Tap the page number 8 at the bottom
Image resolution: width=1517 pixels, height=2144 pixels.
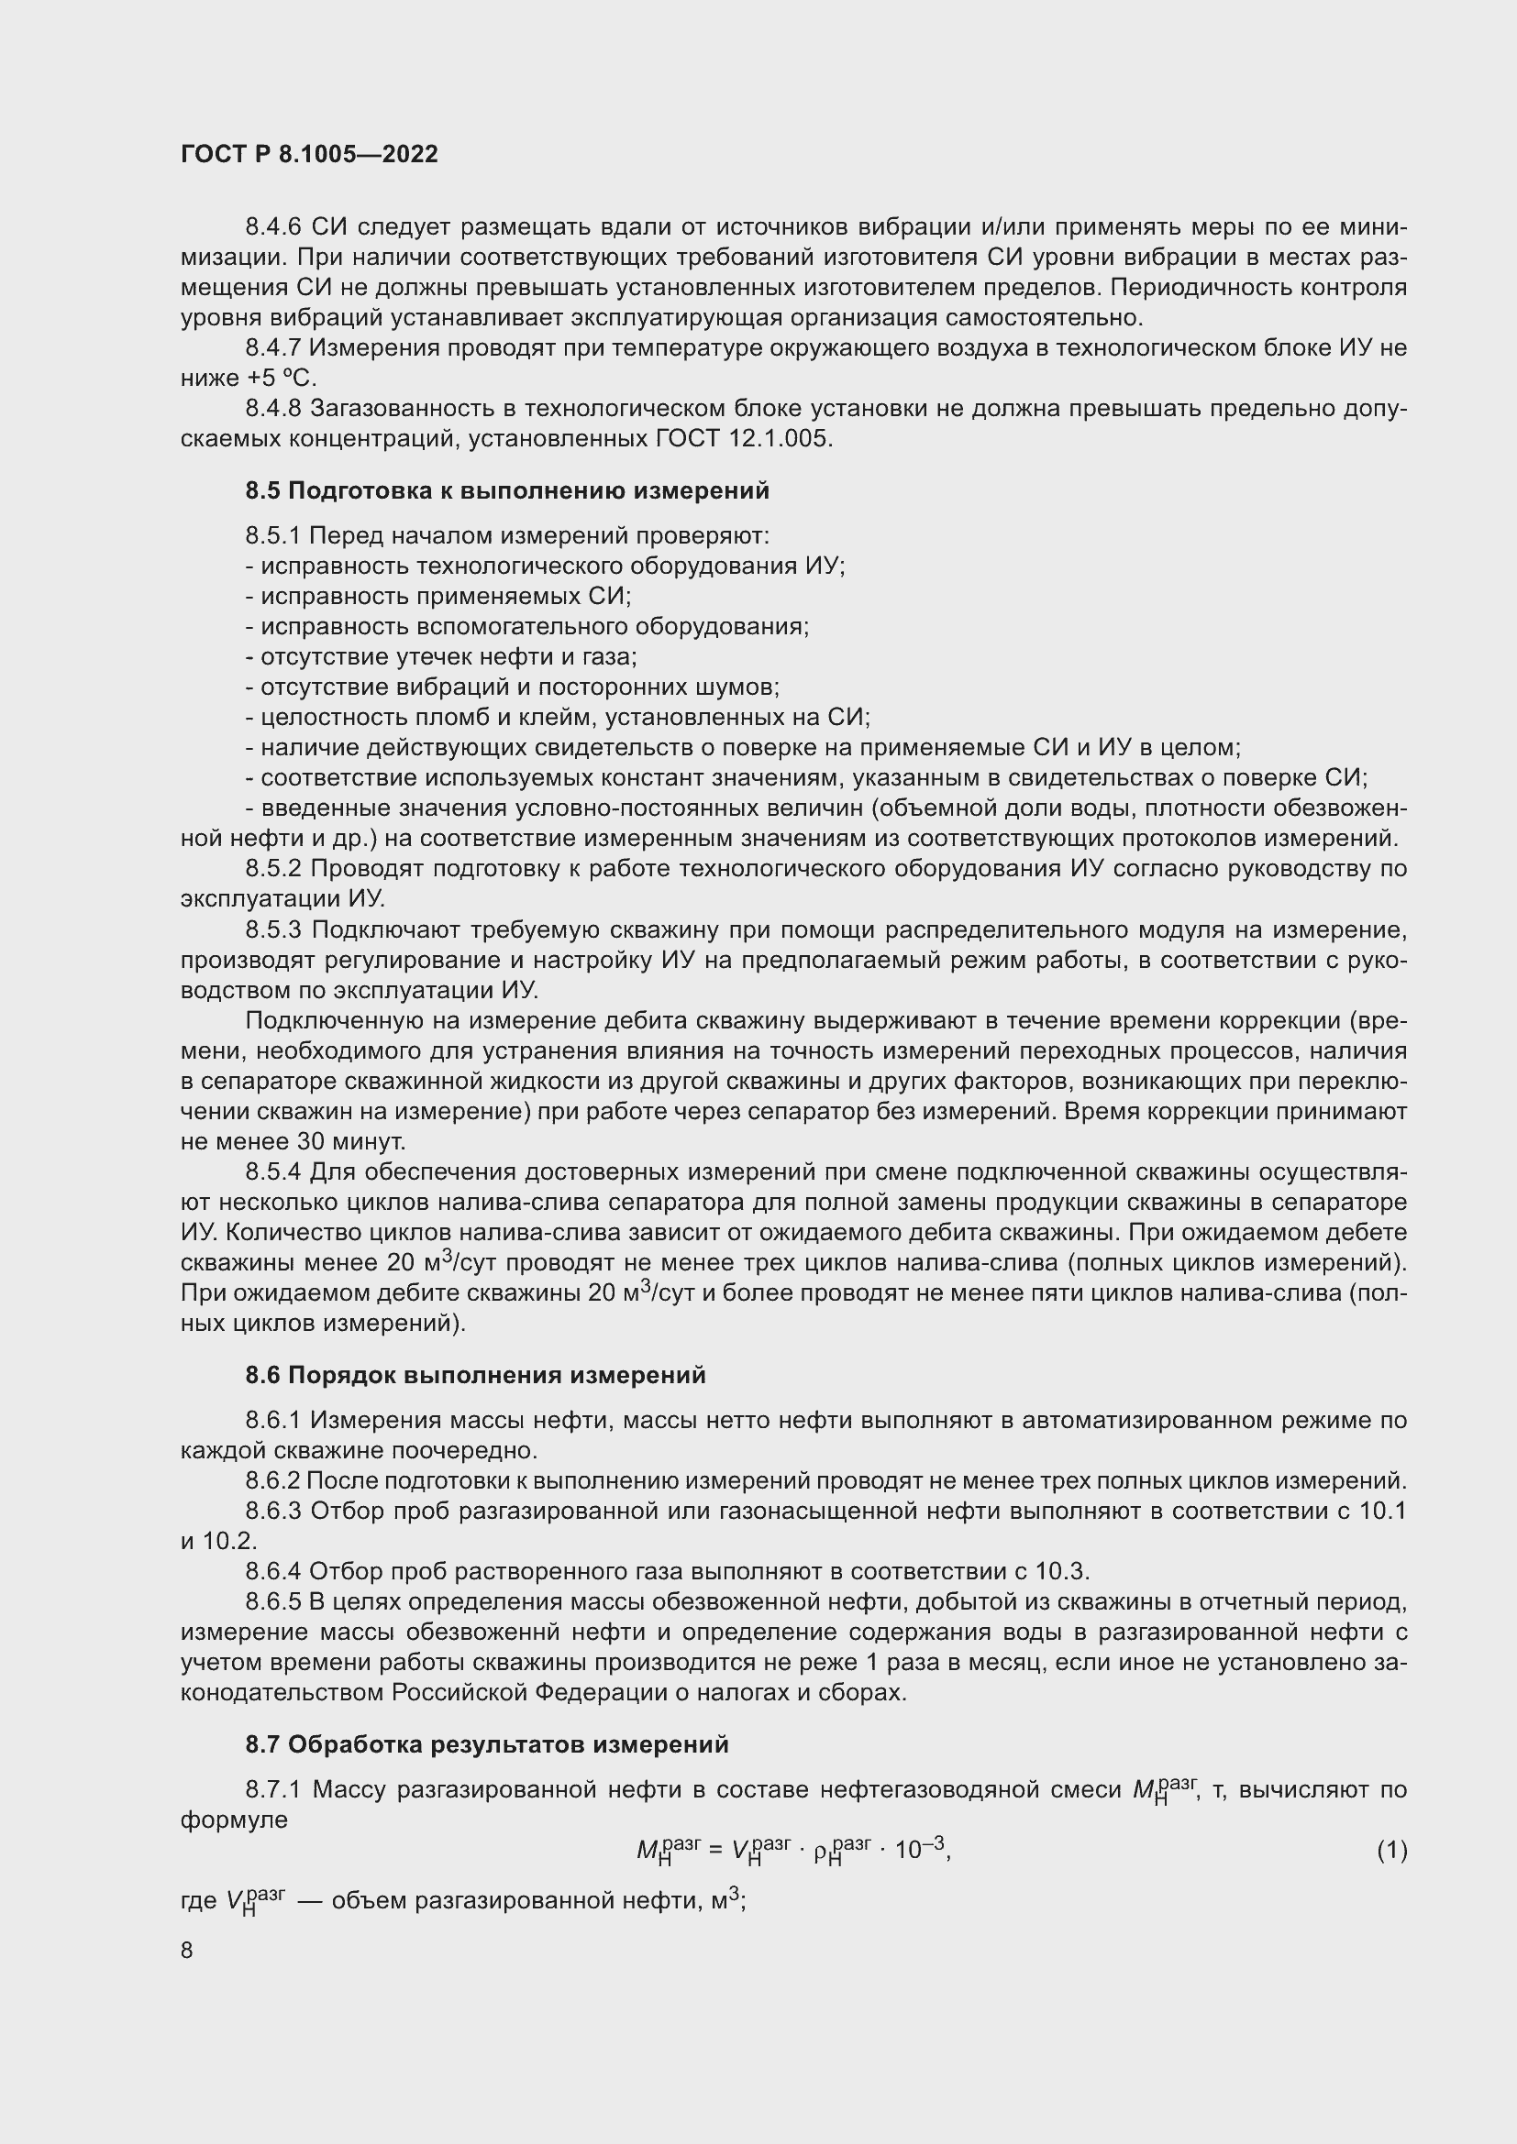(187, 1950)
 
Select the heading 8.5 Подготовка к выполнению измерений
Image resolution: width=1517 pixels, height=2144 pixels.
(507, 490)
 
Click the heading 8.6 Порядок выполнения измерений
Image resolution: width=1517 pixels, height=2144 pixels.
(475, 1376)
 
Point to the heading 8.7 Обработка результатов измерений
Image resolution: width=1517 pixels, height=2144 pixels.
(487, 1744)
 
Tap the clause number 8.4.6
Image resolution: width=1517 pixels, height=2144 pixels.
(273, 227)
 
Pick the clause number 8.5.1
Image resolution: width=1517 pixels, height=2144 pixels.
(273, 536)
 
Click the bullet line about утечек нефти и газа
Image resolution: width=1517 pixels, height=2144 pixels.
(441, 657)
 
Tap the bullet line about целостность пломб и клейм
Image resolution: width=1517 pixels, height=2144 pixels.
(558, 718)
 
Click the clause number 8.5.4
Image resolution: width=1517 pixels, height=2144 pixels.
(273, 1173)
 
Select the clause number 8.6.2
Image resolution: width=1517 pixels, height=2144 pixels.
(273, 1481)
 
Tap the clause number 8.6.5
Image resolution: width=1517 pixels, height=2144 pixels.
(273, 1602)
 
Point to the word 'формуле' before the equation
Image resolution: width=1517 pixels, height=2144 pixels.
(235, 1820)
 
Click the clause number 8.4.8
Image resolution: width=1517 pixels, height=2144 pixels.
(273, 409)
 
